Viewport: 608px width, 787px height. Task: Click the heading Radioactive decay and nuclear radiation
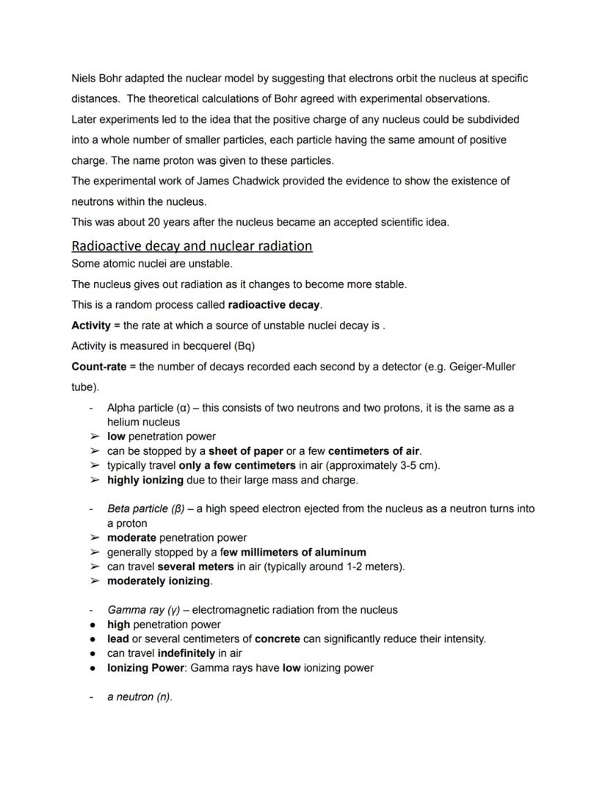[192, 245]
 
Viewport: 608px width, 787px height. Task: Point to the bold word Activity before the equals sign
[90, 325]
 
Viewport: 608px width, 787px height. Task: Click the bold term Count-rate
[99, 366]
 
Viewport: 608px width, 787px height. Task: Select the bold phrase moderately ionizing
[159, 581]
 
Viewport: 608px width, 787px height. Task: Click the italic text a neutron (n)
[140, 697]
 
